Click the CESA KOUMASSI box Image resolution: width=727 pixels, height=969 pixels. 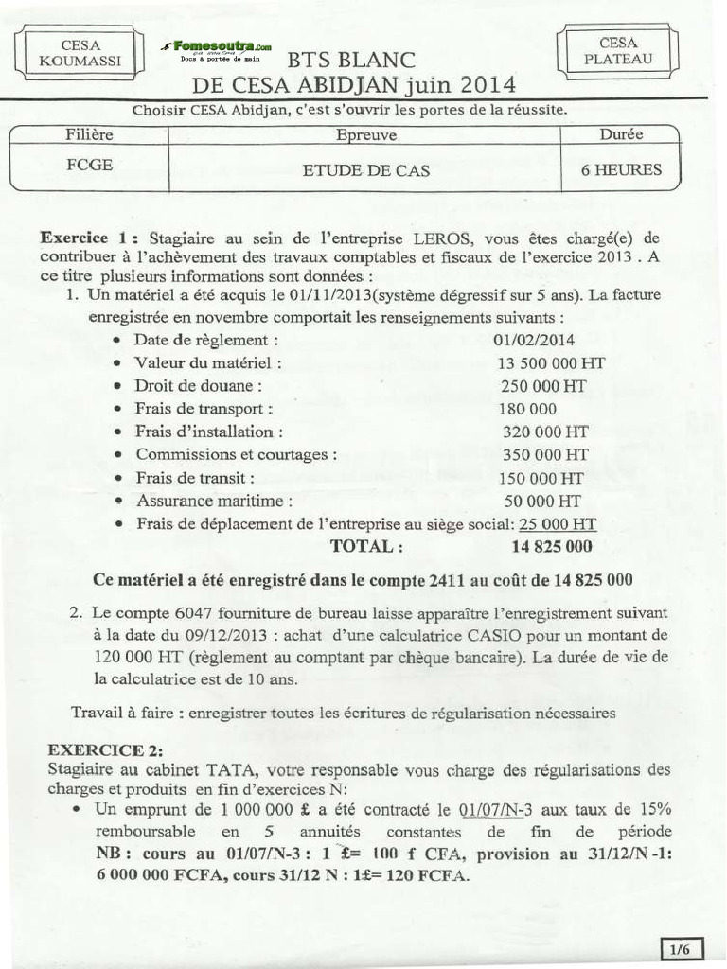point(80,53)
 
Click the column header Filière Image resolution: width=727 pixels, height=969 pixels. point(90,135)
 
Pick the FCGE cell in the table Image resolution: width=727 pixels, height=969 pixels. point(90,165)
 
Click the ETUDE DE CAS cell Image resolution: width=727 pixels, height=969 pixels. point(365,171)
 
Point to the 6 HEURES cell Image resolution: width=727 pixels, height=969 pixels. point(621,171)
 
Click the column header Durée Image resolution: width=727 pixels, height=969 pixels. point(621,134)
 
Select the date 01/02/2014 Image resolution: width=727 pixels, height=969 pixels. point(534,340)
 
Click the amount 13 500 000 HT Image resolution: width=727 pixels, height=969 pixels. point(551,362)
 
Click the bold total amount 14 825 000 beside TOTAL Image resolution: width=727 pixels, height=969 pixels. point(552,546)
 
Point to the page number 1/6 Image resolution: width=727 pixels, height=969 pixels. point(680,948)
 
